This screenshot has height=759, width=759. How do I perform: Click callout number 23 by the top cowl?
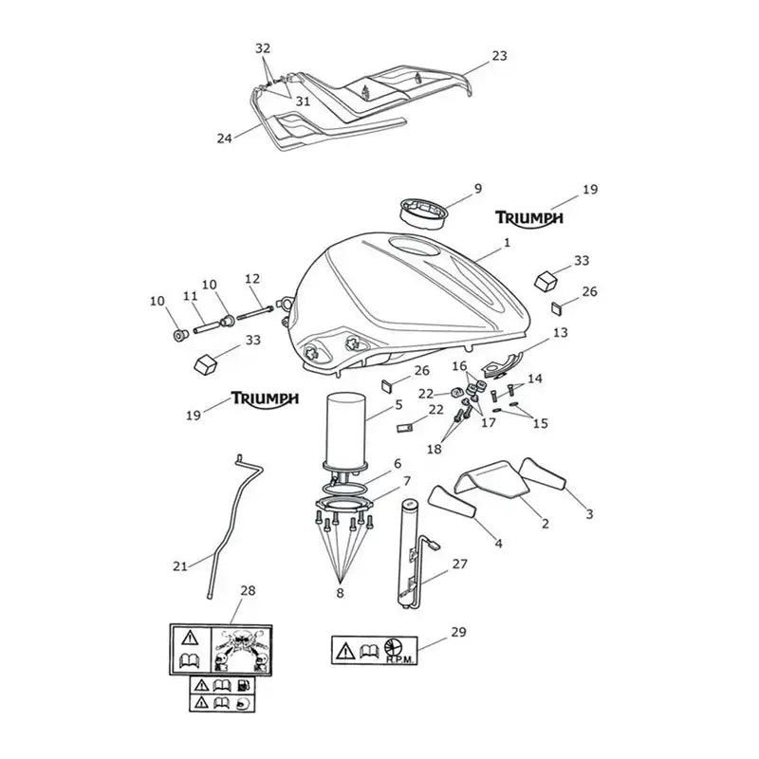499,56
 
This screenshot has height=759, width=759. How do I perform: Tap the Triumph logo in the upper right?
528,218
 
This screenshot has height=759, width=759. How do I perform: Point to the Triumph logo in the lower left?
265,398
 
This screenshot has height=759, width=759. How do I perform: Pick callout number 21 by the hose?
180,565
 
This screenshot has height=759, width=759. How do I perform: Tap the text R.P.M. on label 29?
399,659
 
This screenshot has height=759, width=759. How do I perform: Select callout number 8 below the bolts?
340,592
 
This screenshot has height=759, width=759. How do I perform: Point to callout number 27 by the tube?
460,564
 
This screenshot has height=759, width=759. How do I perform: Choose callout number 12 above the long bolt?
252,279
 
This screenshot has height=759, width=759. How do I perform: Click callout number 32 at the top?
263,48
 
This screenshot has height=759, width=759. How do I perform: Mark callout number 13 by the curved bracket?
560,333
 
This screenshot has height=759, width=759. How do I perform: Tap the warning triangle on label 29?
345,651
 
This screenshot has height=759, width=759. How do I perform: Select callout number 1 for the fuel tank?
507,242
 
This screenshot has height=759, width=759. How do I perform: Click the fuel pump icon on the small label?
245,685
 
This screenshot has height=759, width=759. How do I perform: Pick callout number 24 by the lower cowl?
224,139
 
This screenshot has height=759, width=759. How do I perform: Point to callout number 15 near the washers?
540,423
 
